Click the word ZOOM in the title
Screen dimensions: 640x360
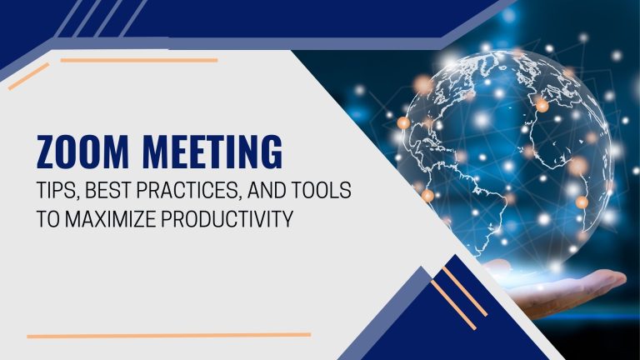click(82, 152)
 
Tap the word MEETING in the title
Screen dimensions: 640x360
click(212, 152)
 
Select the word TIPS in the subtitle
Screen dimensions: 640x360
click(56, 190)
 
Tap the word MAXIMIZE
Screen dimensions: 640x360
click(111, 219)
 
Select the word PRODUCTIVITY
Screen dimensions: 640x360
click(227, 219)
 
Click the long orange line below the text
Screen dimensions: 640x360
click(169, 336)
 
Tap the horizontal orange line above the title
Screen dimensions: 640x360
click(139, 60)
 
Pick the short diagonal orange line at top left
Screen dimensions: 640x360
click(28, 77)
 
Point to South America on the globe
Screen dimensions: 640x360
click(482, 204)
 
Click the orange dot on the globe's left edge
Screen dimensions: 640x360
click(403, 122)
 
